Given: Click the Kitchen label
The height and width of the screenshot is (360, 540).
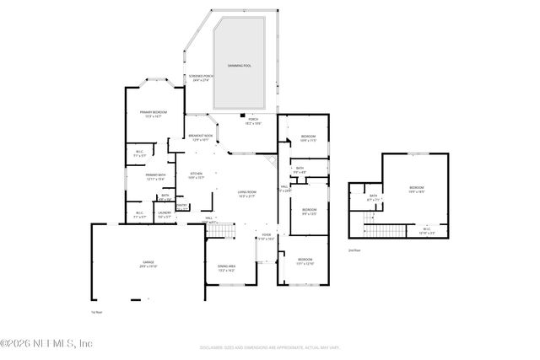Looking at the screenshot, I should click(x=196, y=176).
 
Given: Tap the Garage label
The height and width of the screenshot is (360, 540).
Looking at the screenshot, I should click(x=148, y=266).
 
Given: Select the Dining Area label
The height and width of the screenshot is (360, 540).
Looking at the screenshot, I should click(x=226, y=269).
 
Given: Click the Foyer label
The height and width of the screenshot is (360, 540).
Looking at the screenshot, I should click(x=266, y=236).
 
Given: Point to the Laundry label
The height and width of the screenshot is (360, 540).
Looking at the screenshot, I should click(x=165, y=214).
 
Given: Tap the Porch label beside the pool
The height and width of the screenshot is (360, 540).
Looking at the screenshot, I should click(x=253, y=121).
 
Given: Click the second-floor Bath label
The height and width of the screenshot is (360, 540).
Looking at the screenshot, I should click(x=373, y=198).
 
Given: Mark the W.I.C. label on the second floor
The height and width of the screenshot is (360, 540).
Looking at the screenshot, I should click(x=426, y=230).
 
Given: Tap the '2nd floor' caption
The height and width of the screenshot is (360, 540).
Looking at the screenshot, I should click(x=354, y=250).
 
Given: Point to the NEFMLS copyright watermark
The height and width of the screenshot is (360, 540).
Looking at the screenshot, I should click(x=46, y=343).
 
